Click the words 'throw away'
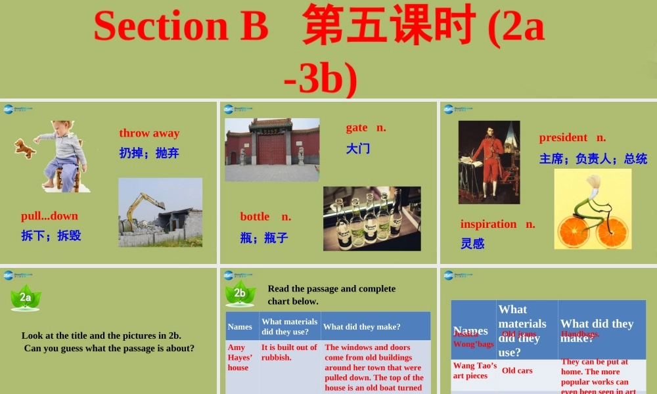coord(149,133)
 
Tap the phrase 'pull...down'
coord(49,216)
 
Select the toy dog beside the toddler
coord(25,148)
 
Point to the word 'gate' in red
coord(357,128)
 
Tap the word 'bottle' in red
coord(255,217)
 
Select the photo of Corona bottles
coord(372,218)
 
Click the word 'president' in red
coord(563,137)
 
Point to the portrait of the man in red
coord(489,162)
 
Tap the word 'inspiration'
coord(488,224)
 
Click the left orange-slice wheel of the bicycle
coord(572,230)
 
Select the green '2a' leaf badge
coord(26,297)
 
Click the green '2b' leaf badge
coord(240,294)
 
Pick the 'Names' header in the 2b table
coord(240,326)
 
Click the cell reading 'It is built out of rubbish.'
coord(289,352)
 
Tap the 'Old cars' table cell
coord(517,370)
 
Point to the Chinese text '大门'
coord(358,149)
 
